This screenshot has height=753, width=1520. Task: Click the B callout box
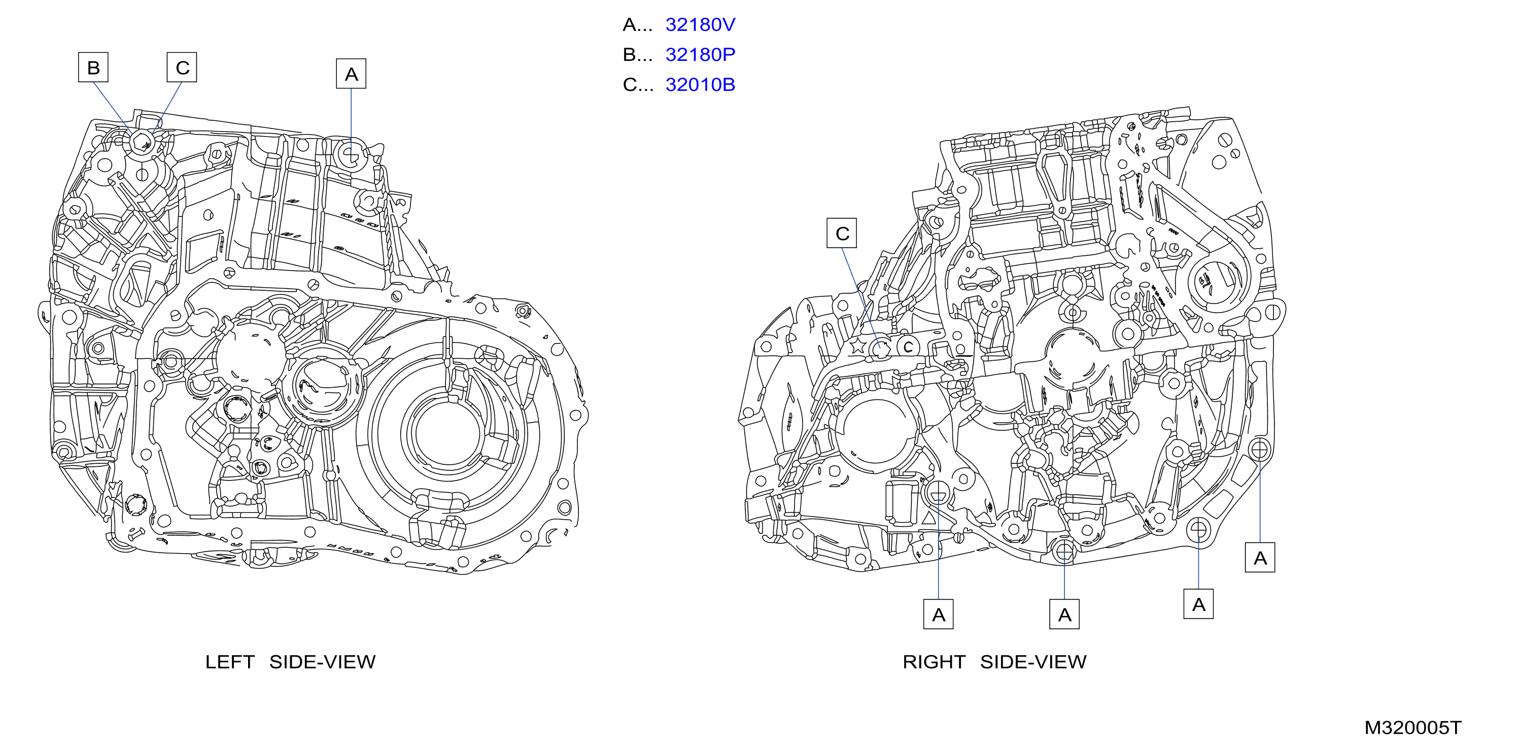click(93, 67)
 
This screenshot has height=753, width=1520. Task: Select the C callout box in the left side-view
click(182, 67)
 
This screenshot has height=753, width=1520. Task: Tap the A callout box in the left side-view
click(351, 74)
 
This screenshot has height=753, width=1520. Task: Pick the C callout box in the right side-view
click(841, 233)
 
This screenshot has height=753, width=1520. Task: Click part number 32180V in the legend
click(701, 25)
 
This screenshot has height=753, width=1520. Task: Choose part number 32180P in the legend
click(701, 55)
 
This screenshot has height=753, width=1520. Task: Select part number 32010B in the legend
click(701, 85)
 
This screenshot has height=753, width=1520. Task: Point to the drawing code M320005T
click(1413, 728)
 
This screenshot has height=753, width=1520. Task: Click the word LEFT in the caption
click(229, 662)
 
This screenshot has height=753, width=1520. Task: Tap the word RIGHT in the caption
click(934, 662)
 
